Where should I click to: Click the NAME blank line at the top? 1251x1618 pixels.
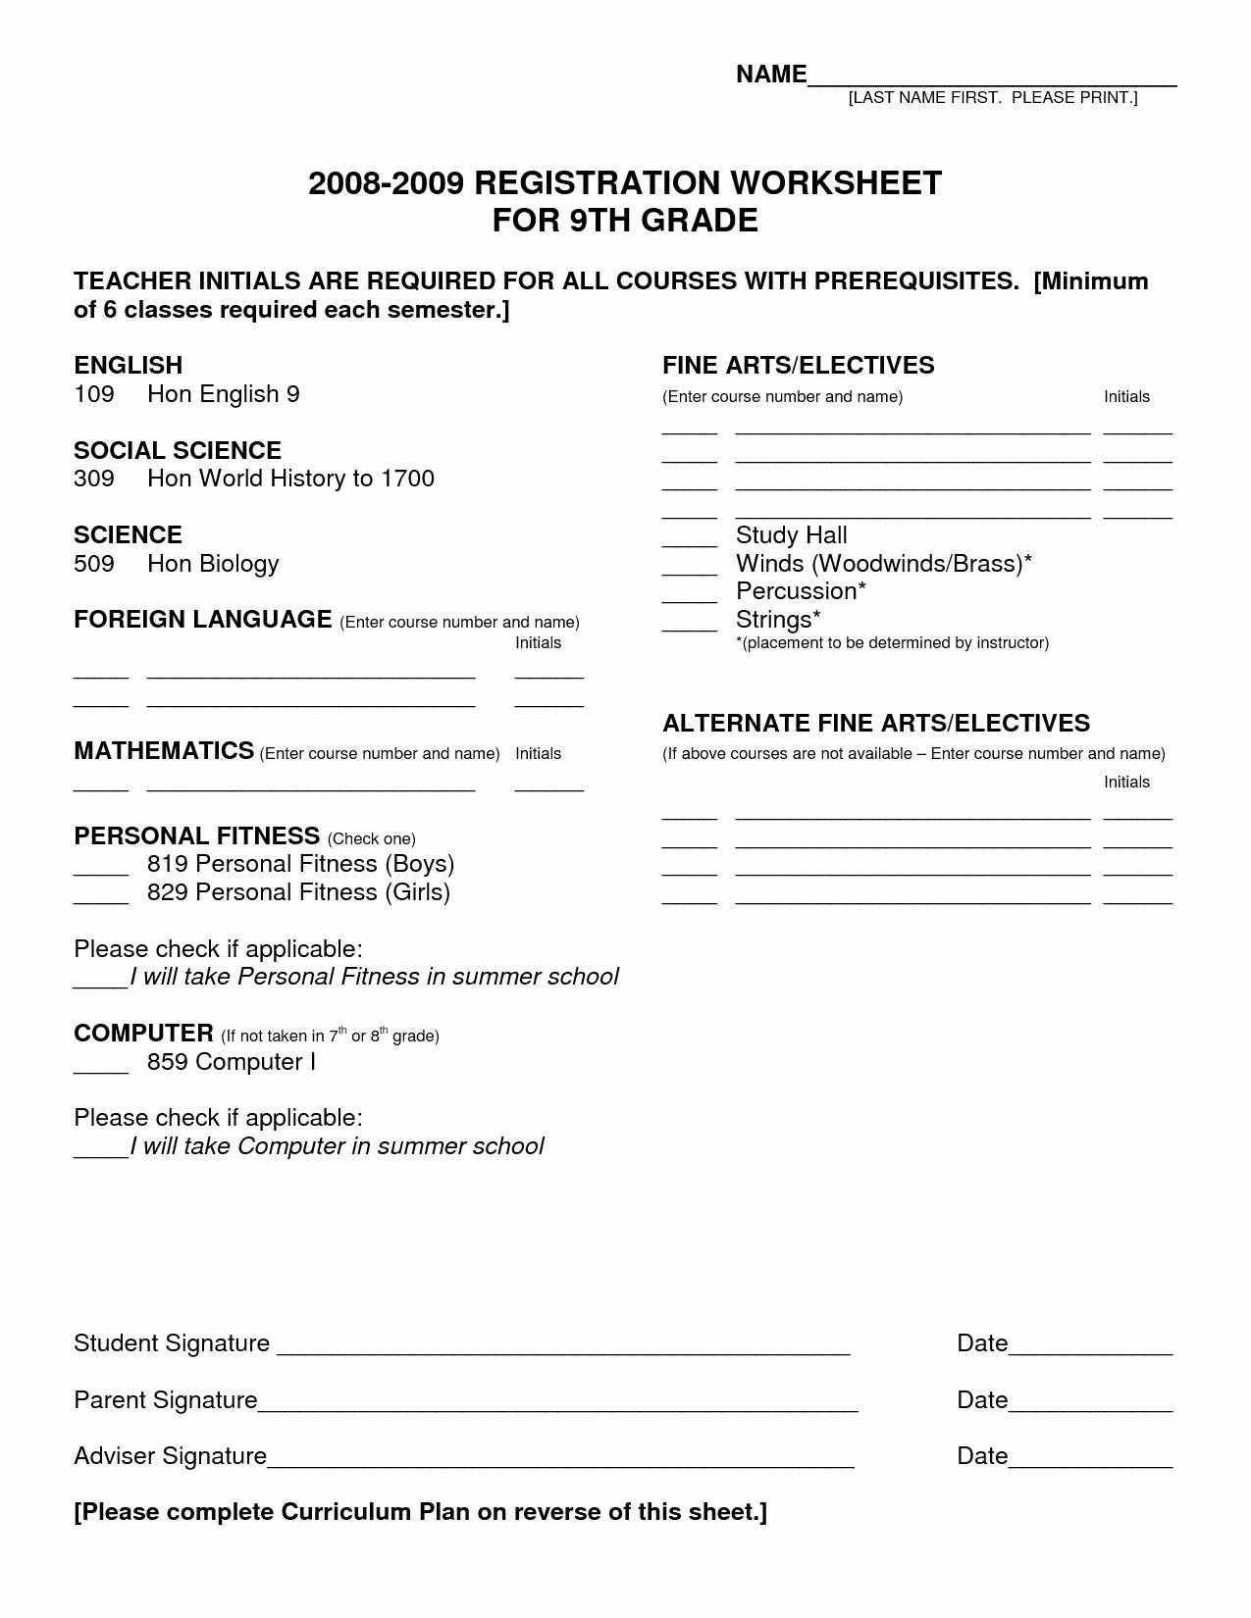(x=991, y=82)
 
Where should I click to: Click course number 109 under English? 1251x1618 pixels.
(x=94, y=394)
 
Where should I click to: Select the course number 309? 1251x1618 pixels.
(x=94, y=479)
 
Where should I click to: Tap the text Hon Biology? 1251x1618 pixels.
(x=213, y=564)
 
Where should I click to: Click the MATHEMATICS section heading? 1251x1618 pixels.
(x=164, y=751)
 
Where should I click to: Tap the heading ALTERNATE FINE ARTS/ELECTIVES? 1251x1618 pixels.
(x=876, y=724)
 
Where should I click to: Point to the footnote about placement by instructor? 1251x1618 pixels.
(x=892, y=643)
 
